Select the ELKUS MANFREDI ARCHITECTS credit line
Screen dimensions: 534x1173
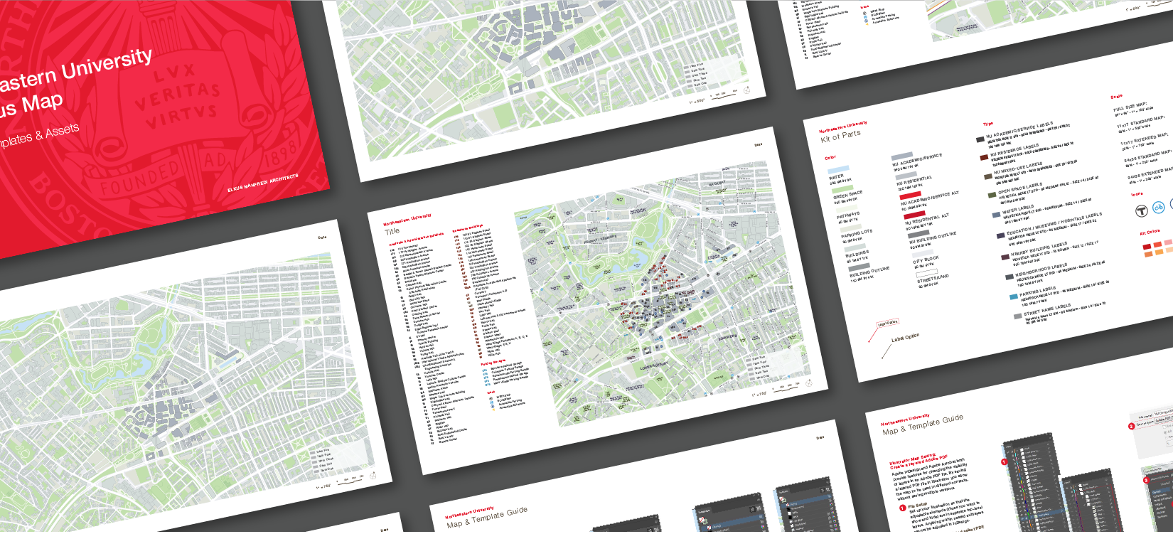(x=263, y=183)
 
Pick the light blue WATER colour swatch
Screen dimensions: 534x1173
(x=838, y=169)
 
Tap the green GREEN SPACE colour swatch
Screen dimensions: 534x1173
(x=843, y=189)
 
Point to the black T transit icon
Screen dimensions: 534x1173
(x=1141, y=210)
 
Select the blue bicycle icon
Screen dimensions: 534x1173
(x=1159, y=208)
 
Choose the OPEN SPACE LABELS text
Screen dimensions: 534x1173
(x=1019, y=188)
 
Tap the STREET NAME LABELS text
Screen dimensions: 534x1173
(x=1046, y=310)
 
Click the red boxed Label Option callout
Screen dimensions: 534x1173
(x=887, y=323)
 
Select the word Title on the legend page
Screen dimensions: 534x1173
(x=392, y=231)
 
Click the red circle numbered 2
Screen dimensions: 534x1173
(x=1131, y=426)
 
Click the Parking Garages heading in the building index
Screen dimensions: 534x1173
(x=493, y=363)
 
